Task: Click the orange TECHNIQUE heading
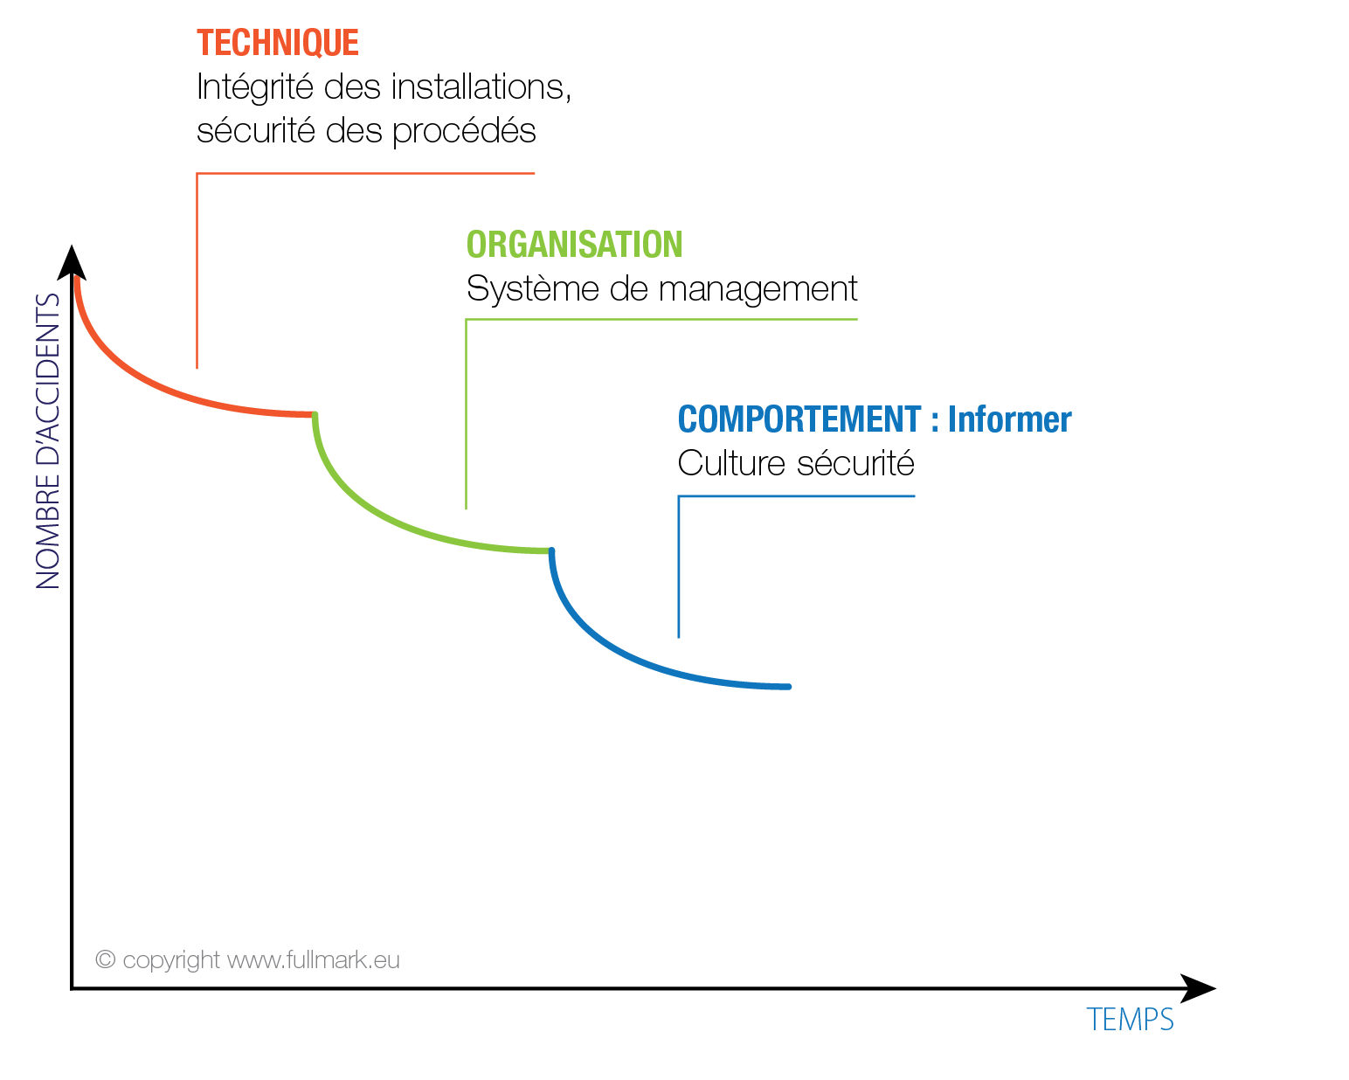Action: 277,43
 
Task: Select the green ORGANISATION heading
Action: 574,245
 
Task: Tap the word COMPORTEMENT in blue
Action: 799,419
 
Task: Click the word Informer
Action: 1009,419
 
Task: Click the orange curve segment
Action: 157,382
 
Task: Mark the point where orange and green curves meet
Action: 315,414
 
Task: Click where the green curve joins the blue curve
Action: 550,550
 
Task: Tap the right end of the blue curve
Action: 789,687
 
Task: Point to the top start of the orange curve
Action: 77,279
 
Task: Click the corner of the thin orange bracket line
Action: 197,174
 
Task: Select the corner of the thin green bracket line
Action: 467,320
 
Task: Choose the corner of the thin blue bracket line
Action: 679,496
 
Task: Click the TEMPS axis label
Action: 1130,1020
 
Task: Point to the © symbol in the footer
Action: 106,959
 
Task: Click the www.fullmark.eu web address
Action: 314,960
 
